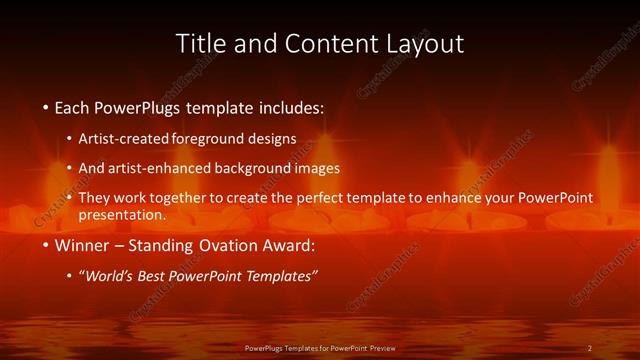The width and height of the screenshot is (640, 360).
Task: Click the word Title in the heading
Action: pos(198,44)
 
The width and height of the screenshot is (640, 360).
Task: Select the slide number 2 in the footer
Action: pos(590,347)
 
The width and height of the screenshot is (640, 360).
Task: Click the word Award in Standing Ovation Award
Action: pos(285,246)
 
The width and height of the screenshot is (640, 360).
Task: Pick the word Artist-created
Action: pos(124,138)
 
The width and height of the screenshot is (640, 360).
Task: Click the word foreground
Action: pos(209,138)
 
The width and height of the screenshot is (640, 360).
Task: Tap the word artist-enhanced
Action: pos(156,168)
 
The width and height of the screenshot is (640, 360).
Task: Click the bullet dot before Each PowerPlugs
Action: pos(46,106)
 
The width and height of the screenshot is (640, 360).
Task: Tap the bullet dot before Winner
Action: pos(46,246)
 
